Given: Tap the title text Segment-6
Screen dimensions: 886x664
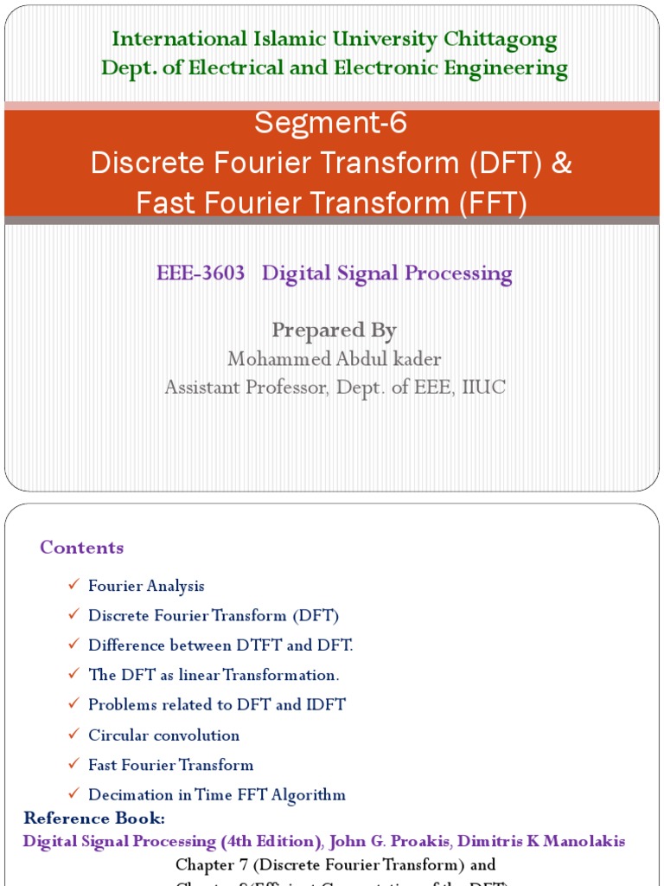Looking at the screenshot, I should [330, 125].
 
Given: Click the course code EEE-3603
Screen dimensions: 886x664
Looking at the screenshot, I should [201, 274].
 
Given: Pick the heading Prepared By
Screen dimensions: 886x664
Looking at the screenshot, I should [334, 330].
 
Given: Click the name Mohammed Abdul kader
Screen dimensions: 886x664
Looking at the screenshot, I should [334, 358].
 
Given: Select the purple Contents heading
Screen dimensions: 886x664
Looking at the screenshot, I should [82, 548].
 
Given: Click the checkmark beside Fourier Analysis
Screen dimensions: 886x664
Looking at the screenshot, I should [73, 586].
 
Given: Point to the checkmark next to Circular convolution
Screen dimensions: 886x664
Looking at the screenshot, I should [73, 735].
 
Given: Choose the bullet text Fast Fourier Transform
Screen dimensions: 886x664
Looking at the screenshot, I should [170, 765].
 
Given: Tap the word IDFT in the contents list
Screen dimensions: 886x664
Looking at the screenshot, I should [325, 705].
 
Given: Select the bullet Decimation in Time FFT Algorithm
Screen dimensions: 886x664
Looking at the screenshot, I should [216, 795].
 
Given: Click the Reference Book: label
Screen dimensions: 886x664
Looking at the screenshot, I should [94, 819].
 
